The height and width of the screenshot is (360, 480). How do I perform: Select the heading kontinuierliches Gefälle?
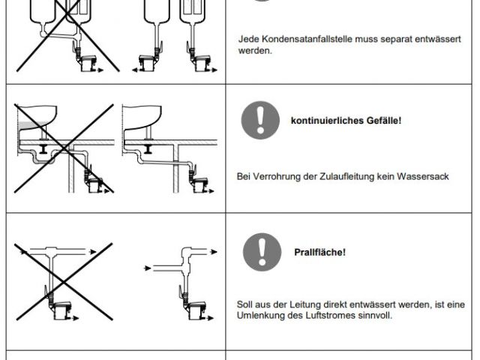tap(346, 121)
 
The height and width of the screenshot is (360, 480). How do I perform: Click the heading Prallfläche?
tap(320, 252)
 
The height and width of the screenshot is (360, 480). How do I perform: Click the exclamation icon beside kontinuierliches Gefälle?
tap(260, 120)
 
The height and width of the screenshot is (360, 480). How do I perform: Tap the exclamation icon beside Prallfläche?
tap(262, 252)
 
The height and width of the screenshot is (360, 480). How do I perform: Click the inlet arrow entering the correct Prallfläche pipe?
tap(148, 268)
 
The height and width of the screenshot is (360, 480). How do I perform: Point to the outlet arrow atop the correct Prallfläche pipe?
tap(213, 252)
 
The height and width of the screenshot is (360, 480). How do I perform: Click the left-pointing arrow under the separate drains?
tap(136, 70)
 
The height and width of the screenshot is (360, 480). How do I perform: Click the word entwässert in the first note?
tap(438, 39)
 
